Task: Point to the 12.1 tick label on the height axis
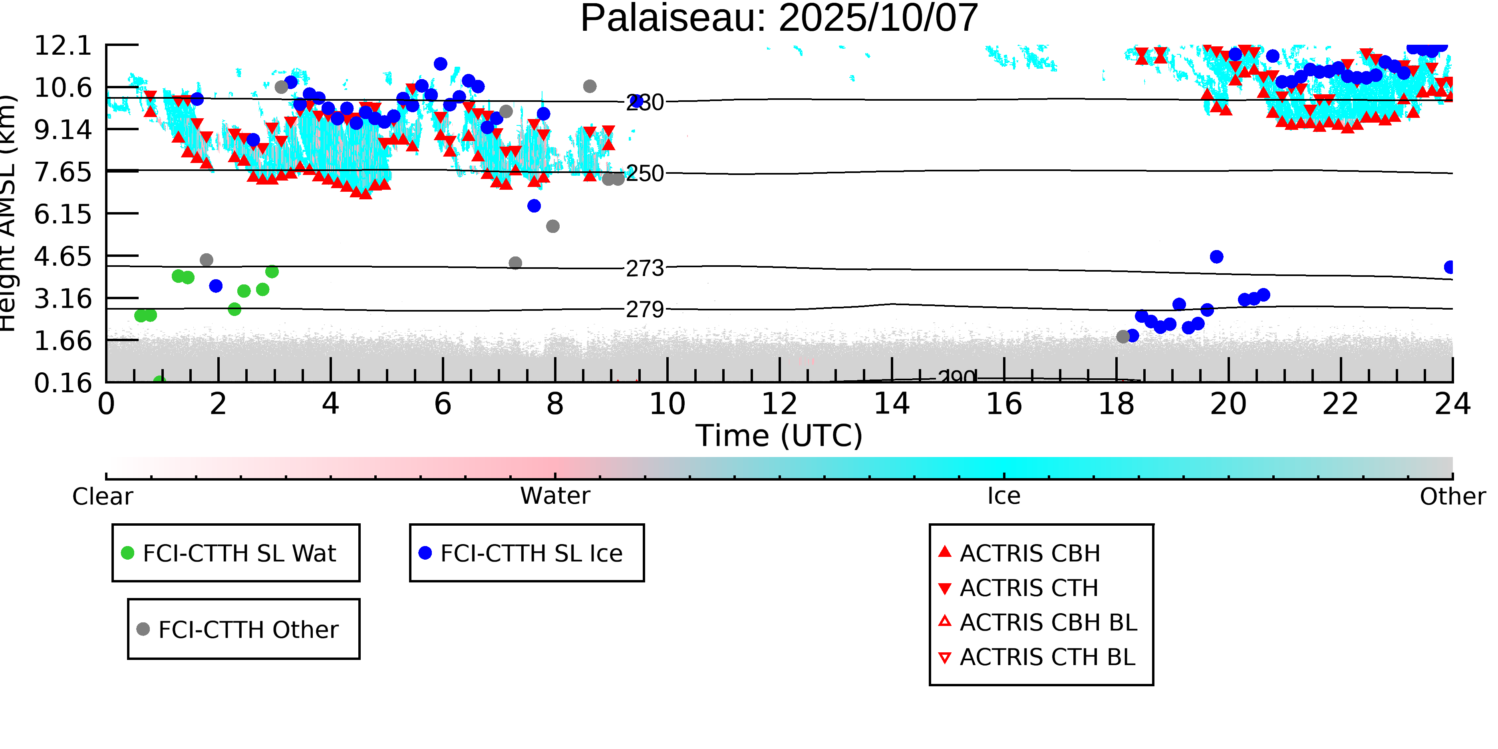point(63,46)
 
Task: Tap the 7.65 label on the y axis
point(63,172)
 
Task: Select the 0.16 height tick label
point(63,383)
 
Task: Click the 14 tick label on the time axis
point(892,404)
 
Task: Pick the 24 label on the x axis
point(1452,404)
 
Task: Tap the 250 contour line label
point(644,173)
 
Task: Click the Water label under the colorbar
point(555,496)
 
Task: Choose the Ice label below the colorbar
point(1004,496)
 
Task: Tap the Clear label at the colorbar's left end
point(102,497)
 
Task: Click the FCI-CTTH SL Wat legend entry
point(239,553)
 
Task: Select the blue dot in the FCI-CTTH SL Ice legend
point(425,553)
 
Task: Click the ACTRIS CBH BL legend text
point(1048,623)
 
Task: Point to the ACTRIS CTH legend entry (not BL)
point(1029,588)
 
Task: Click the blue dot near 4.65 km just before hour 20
point(1216,256)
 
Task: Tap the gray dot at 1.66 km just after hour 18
point(1123,337)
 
